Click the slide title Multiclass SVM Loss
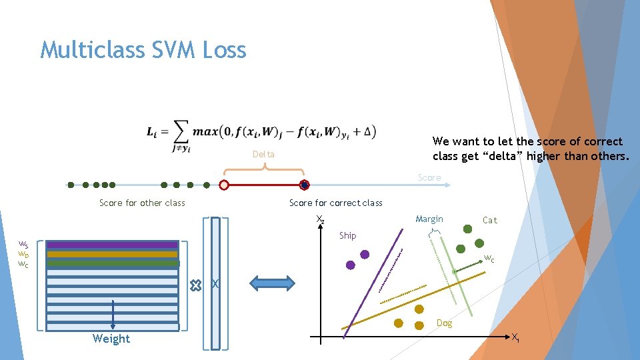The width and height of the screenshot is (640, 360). [143, 50]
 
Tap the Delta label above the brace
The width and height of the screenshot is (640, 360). [263, 155]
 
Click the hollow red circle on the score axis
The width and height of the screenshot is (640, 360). [224, 185]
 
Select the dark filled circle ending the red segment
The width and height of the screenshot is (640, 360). [304, 185]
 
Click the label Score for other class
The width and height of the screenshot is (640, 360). [142, 203]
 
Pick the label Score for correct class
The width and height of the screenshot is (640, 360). [335, 203]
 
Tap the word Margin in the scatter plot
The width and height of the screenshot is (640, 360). [429, 219]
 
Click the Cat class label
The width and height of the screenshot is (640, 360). [489, 220]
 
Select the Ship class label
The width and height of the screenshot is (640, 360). [347, 235]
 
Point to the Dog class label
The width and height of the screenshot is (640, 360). [444, 323]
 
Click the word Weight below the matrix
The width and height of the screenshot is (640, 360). [111, 339]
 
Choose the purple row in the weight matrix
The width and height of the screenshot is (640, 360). [112, 245]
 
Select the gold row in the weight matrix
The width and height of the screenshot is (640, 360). [112, 254]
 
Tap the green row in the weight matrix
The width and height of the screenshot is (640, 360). [112, 263]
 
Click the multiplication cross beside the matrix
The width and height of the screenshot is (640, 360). [195, 285]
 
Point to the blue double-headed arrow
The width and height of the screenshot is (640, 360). [272, 284]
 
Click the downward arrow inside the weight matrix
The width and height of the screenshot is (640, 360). [113, 313]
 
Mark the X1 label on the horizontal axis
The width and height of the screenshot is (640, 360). [515, 338]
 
